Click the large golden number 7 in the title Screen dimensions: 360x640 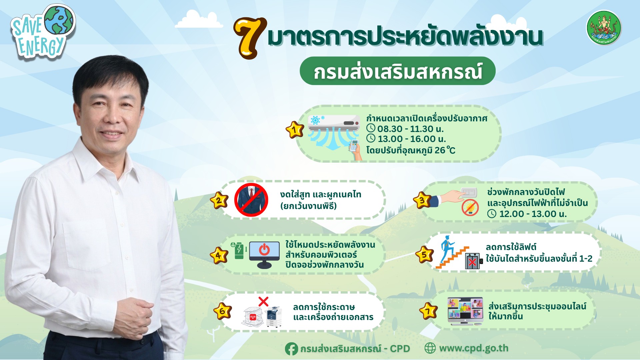[x=249, y=38]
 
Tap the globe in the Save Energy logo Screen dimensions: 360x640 [x=59, y=20]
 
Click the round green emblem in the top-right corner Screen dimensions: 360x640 [x=604, y=28]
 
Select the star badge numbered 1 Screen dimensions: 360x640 [x=295, y=130]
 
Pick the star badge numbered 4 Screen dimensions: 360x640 [x=219, y=256]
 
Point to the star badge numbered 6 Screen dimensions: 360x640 [x=222, y=311]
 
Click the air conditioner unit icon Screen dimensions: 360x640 [x=334, y=123]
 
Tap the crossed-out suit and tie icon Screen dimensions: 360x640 [x=251, y=200]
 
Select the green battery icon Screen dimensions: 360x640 [x=239, y=251]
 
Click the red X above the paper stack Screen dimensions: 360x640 [x=263, y=302]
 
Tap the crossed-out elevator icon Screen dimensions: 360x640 [x=472, y=261]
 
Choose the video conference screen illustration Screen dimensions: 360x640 [x=465, y=311]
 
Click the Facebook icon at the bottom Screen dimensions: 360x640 [x=291, y=349]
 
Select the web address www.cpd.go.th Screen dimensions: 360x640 [x=474, y=348]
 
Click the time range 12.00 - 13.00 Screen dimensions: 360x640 [x=532, y=214]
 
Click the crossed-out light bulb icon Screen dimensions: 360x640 [x=470, y=207]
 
